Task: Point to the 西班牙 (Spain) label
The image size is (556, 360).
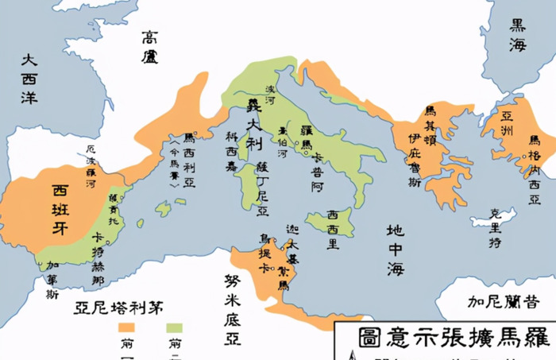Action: pyautogui.click(x=60, y=203)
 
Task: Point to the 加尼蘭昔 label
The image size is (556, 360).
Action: pyautogui.click(x=503, y=302)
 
